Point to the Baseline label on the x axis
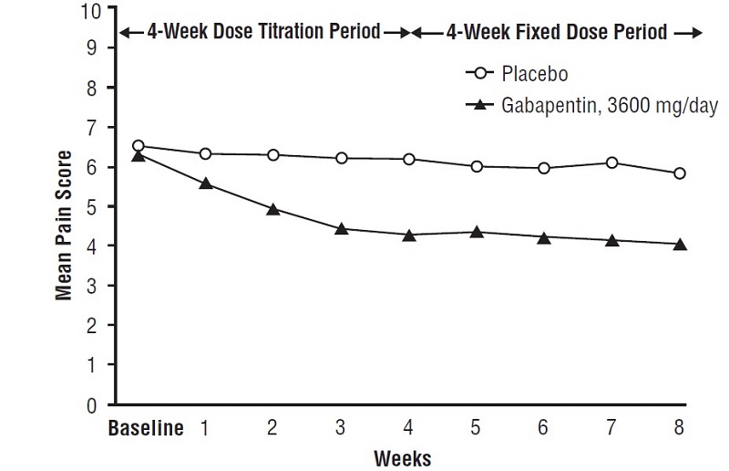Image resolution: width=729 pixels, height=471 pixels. [147, 428]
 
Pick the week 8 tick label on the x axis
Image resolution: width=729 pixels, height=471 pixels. [678, 428]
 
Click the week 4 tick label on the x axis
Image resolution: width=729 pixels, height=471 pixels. [408, 428]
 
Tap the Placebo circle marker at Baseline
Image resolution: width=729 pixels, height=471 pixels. [139, 146]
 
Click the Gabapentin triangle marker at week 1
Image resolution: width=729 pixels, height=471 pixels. [206, 183]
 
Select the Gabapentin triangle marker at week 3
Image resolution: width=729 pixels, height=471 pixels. [341, 228]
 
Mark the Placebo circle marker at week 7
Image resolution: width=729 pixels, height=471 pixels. [611, 163]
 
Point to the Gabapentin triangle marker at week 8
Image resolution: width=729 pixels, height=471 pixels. [679, 244]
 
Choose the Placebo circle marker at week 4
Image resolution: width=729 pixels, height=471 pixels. [408, 160]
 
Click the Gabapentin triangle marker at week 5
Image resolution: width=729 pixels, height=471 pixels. [476, 232]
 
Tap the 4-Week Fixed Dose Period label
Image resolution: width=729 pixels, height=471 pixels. [557, 33]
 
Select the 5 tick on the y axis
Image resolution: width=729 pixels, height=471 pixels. [96, 207]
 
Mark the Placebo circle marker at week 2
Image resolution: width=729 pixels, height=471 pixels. [273, 155]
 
